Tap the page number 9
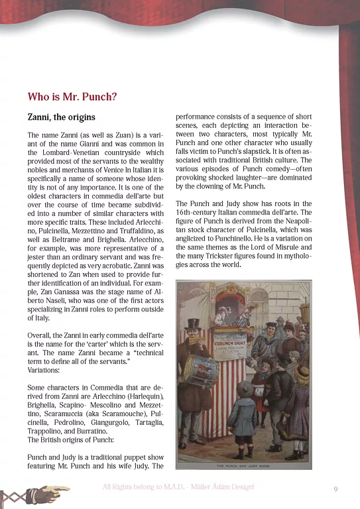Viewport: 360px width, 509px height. [335, 489]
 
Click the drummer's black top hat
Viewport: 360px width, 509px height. [193, 325]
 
